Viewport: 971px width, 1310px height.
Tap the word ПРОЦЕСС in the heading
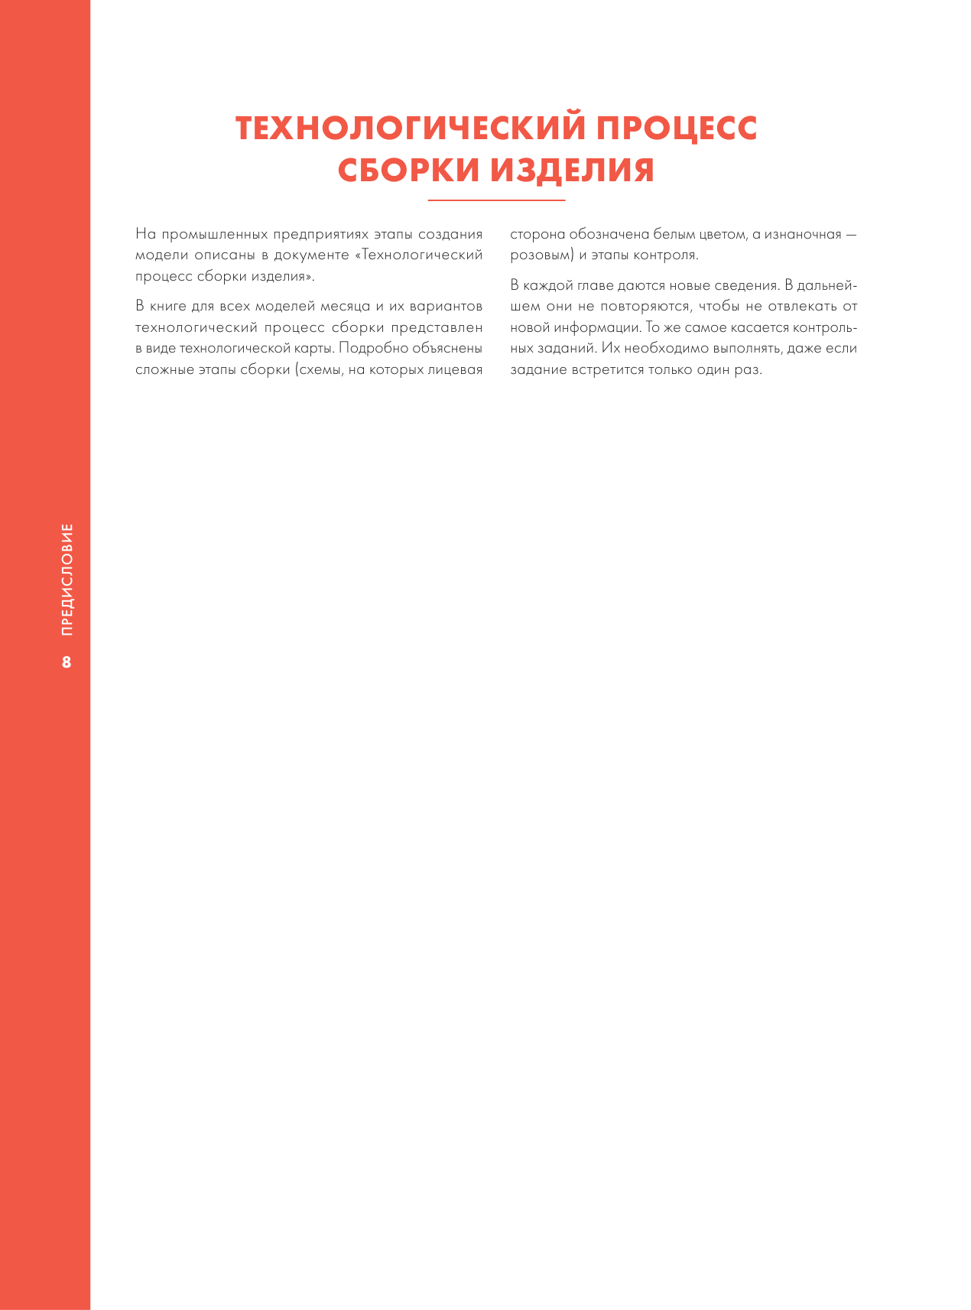click(x=677, y=128)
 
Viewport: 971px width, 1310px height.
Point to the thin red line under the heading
click(x=496, y=200)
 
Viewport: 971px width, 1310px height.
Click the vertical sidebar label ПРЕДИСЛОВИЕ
click(x=67, y=579)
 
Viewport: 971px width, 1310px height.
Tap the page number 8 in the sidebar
click(x=67, y=662)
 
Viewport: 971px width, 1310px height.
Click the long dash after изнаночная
click(x=850, y=234)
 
